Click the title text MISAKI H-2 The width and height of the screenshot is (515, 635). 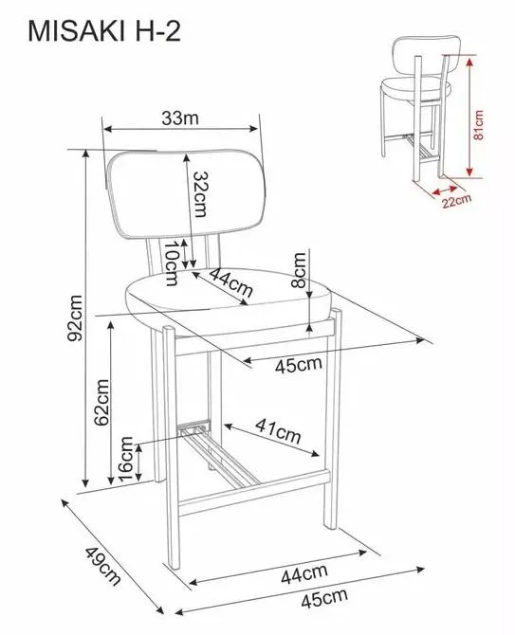click(x=104, y=31)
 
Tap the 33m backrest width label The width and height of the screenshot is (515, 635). click(x=180, y=118)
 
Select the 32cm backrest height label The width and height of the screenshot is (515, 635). click(x=200, y=194)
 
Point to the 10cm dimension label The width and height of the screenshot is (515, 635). click(x=171, y=263)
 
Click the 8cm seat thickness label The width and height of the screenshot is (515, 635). click(x=299, y=270)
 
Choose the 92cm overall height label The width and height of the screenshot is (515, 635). click(x=75, y=317)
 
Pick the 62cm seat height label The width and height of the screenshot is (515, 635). click(x=101, y=402)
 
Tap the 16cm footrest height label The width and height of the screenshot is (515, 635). click(x=126, y=459)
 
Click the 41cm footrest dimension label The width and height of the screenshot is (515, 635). click(x=278, y=431)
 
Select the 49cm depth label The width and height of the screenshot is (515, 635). click(x=103, y=566)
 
